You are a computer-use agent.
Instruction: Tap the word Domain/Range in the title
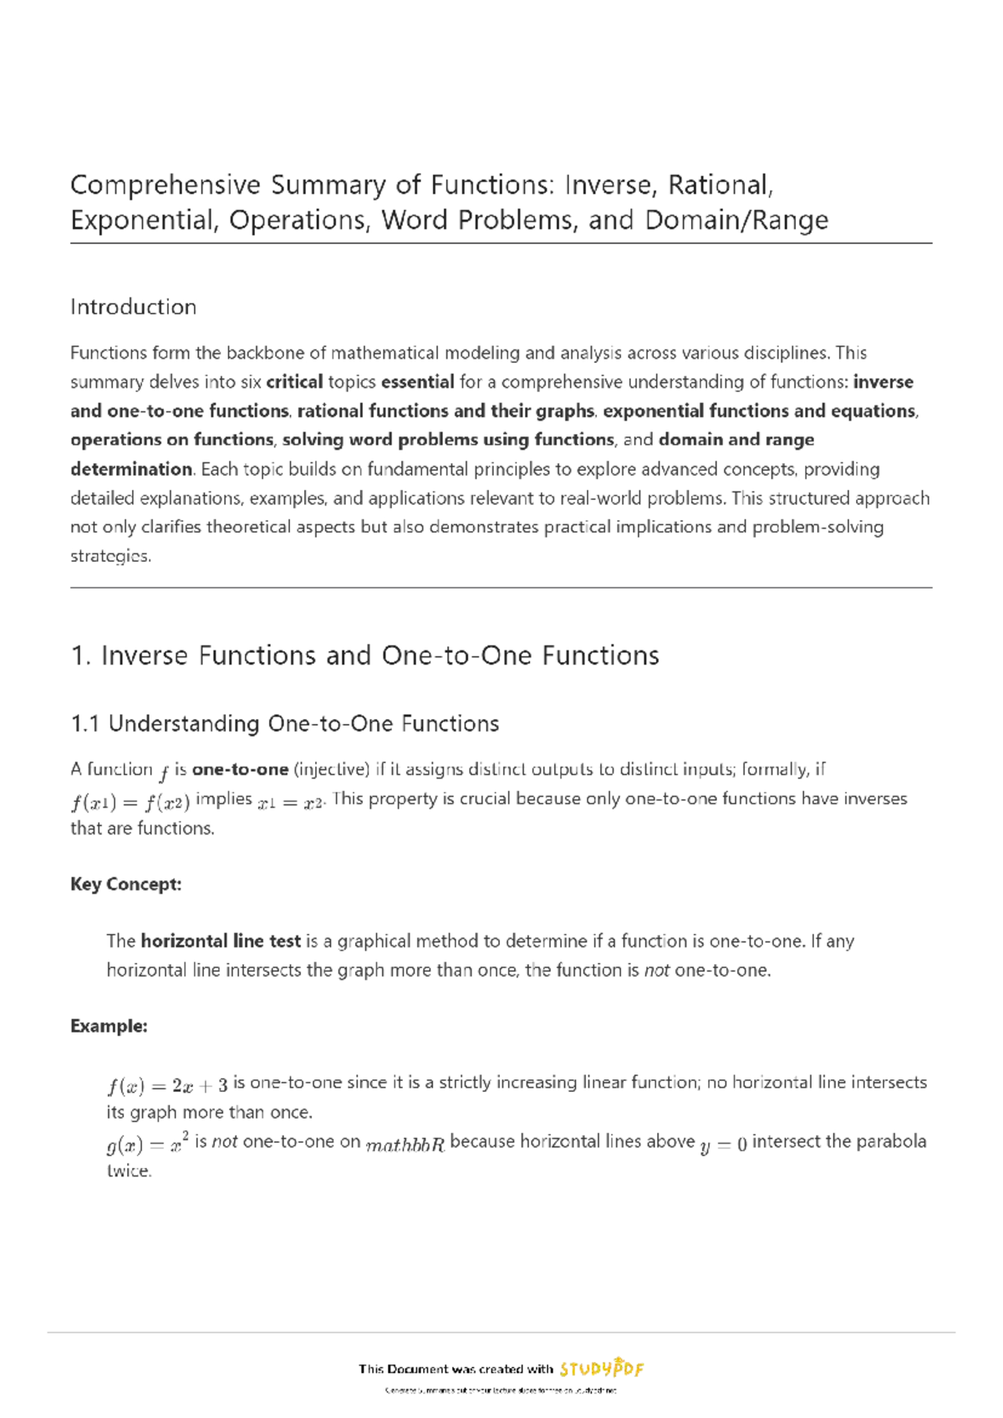pyautogui.click(x=736, y=220)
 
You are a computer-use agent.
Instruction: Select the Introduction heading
pyautogui.click(x=133, y=307)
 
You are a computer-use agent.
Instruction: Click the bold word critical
pyautogui.click(x=294, y=382)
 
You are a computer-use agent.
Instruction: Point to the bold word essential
pyautogui.click(x=417, y=382)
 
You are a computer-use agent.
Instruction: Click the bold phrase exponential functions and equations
pyautogui.click(x=759, y=411)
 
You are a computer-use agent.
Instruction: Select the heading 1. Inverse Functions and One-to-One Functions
pyautogui.click(x=365, y=655)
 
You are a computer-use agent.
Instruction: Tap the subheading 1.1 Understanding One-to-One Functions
pyautogui.click(x=285, y=724)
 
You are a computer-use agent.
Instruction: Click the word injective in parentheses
pyautogui.click(x=333, y=769)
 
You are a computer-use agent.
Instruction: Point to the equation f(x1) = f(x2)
pyautogui.click(x=130, y=803)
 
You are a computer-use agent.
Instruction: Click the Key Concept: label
pyautogui.click(x=125, y=885)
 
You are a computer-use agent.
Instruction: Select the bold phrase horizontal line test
pyautogui.click(x=221, y=941)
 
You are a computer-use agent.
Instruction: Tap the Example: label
pyautogui.click(x=109, y=1027)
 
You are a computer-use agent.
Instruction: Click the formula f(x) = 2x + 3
pyautogui.click(x=167, y=1086)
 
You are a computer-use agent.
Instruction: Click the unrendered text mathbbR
pyautogui.click(x=405, y=1145)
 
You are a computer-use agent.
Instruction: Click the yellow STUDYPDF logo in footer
pyautogui.click(x=601, y=1368)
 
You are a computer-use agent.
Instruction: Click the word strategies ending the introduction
pyautogui.click(x=109, y=557)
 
